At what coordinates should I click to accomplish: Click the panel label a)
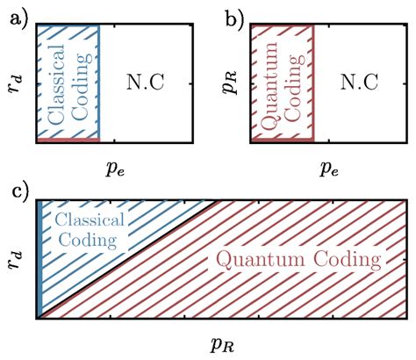[13, 12]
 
